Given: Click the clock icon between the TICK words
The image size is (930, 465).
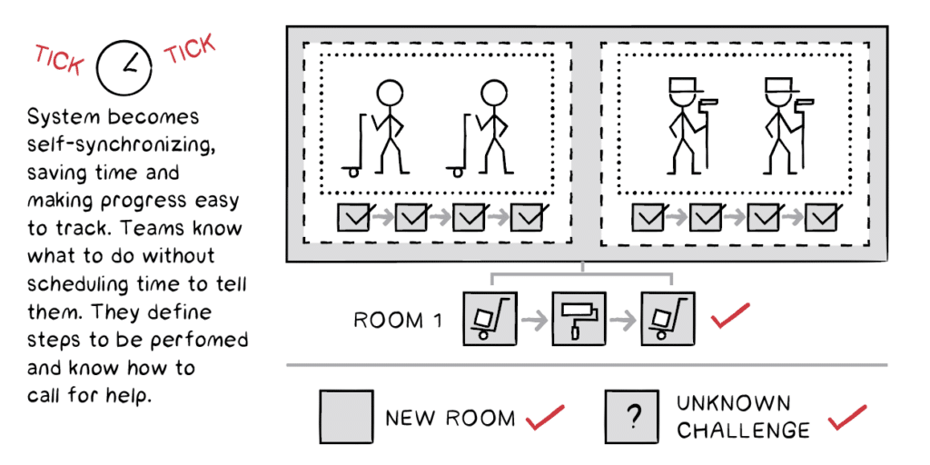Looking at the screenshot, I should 124,67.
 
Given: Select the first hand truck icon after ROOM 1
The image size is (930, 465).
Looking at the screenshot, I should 489,319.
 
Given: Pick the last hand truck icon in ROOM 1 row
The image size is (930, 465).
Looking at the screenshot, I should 667,319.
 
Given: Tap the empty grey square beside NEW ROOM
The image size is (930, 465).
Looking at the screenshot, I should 346,417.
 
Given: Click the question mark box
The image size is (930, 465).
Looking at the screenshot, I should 633,417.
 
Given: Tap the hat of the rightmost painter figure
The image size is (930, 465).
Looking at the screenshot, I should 778,87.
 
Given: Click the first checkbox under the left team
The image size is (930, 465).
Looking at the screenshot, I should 354,217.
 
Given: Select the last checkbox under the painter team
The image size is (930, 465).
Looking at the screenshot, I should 821,217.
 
